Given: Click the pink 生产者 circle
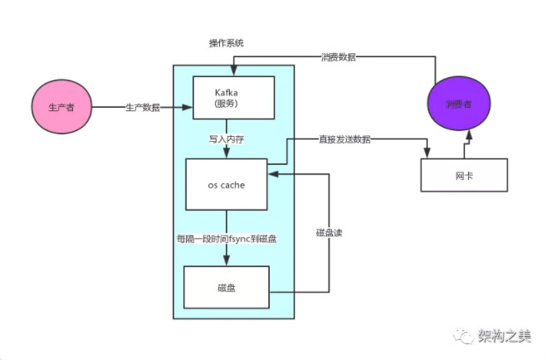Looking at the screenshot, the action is coord(61,107).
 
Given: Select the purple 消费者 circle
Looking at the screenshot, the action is coord(459,104).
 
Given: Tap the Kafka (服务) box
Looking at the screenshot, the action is coord(234,98).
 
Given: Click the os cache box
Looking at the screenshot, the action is coord(227,184).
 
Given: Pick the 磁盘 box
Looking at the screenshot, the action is coord(227,288).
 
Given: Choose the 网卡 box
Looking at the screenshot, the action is coord(464,175).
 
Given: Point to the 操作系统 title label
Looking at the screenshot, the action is coord(227,43).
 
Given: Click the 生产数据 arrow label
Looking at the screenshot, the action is coord(143,107).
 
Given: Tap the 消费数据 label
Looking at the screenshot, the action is coord(339,56).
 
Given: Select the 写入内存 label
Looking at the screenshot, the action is coord(227,139).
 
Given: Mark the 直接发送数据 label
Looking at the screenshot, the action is coord(344,139).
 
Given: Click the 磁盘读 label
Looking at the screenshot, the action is coord(329,233).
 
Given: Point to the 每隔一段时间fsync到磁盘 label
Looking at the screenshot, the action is coord(227,239).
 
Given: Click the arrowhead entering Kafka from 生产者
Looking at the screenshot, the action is coord(188,107).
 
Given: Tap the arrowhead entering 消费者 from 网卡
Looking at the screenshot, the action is coord(469,136).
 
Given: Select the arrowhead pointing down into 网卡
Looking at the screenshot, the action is coord(427,153).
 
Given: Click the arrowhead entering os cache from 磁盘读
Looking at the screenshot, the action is coord(273,174).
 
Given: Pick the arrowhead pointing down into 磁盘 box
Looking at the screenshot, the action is coord(227,260).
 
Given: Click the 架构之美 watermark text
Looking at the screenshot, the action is coord(505,336).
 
